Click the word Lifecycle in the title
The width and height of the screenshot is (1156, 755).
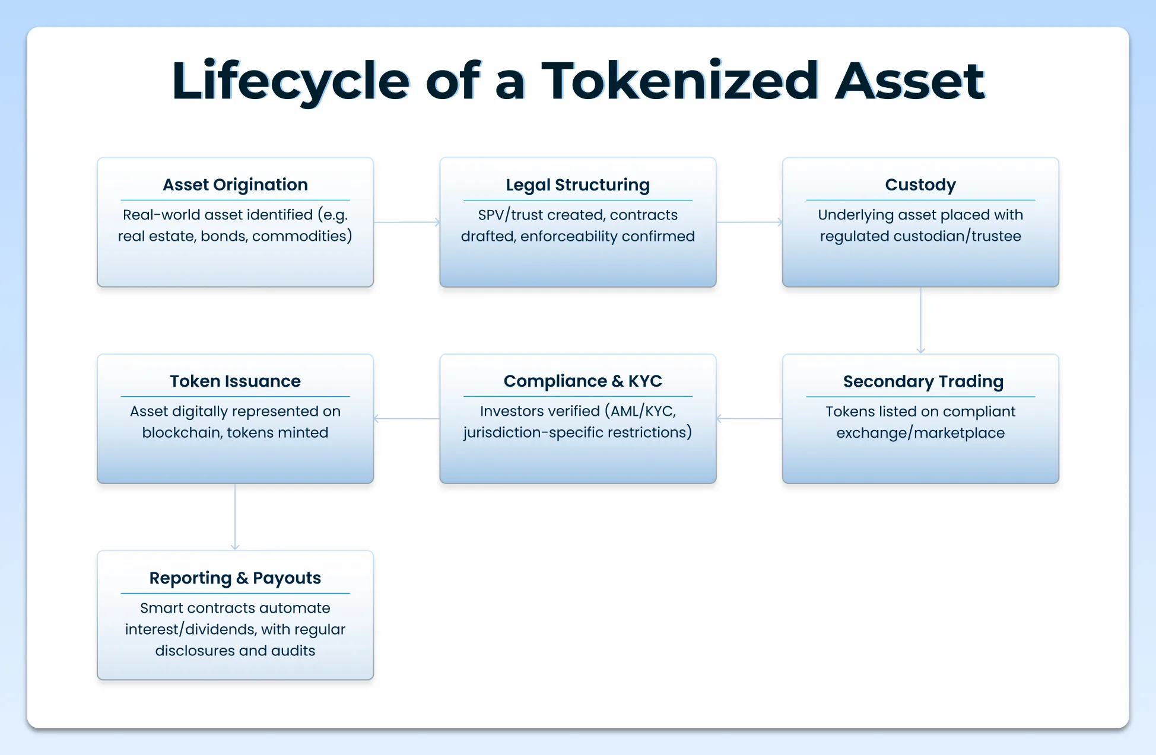[x=290, y=81]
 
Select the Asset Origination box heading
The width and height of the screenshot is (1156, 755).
[x=235, y=184]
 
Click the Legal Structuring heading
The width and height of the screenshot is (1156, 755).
[x=577, y=184]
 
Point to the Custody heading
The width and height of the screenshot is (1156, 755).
[x=920, y=184]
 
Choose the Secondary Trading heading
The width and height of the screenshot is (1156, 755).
[x=923, y=381]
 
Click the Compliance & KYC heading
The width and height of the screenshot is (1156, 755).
[x=582, y=381]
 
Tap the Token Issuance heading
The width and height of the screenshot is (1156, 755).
[x=235, y=381]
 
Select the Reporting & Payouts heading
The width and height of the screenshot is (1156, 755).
[x=235, y=578]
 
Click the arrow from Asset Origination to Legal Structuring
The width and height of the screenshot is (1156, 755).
[x=406, y=222]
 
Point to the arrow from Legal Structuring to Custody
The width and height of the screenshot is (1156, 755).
[x=749, y=222]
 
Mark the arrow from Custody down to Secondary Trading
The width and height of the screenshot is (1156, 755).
[x=920, y=320]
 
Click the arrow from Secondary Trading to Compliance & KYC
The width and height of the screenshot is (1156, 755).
[x=749, y=419]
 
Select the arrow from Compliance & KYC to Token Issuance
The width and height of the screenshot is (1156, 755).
[x=406, y=419]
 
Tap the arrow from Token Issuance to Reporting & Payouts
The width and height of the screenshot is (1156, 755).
[x=235, y=517]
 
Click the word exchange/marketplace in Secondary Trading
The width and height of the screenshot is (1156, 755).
[x=920, y=433]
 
